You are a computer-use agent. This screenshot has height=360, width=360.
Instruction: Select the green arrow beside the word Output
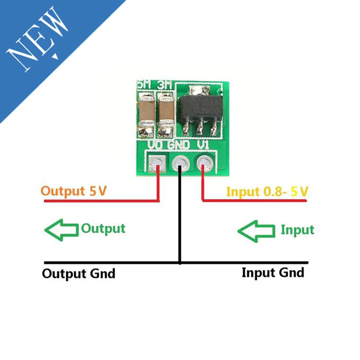62,230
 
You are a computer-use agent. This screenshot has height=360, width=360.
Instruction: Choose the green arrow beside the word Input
256,231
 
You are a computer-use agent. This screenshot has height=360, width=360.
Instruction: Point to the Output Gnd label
79,273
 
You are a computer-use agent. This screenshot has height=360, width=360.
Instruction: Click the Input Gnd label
273,272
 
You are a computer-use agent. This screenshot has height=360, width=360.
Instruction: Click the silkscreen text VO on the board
157,145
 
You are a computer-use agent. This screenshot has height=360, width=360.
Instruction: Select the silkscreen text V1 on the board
203,145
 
